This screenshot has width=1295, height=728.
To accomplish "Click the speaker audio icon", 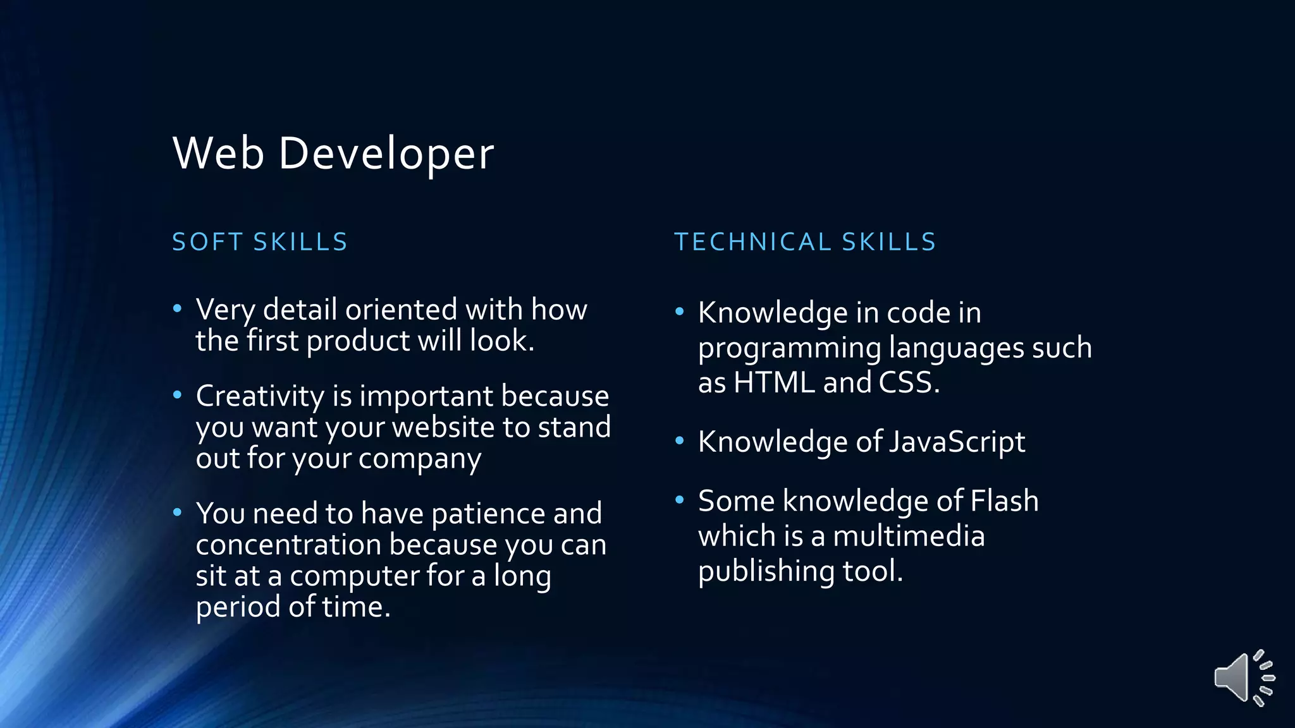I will [x=1243, y=677].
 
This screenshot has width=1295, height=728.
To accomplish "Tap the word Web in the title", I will [x=218, y=154].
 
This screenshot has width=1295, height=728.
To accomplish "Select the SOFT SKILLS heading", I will [x=260, y=242].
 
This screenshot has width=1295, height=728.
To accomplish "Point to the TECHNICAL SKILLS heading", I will [x=805, y=242].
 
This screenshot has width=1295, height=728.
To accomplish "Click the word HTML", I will [x=774, y=383].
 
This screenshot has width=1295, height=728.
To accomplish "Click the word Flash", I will [x=1004, y=501].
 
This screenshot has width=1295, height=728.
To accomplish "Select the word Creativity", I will [x=260, y=397].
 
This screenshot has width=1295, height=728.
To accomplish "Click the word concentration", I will [x=288, y=545].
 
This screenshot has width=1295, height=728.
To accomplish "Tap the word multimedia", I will [x=909, y=537].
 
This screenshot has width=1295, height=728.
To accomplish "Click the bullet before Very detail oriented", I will [x=178, y=308].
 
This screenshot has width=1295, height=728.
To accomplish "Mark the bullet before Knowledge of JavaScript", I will [x=680, y=440].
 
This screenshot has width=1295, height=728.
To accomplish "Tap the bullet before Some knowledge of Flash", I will [x=680, y=500].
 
